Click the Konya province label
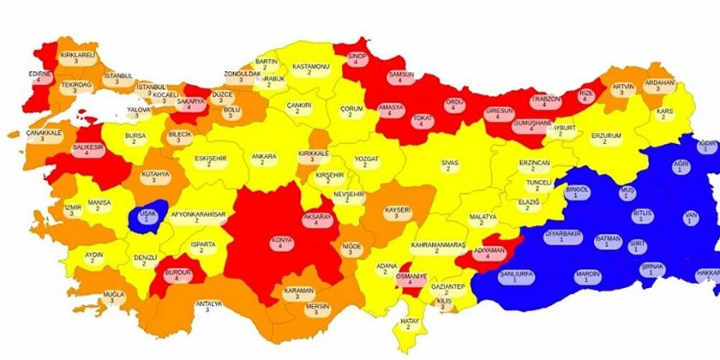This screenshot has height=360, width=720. pyautogui.click(x=281, y=244)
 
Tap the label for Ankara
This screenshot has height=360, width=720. pyautogui.click(x=263, y=159)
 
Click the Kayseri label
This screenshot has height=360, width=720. pyautogui.click(x=398, y=214)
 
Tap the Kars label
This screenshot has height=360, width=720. pyautogui.click(x=665, y=115)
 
